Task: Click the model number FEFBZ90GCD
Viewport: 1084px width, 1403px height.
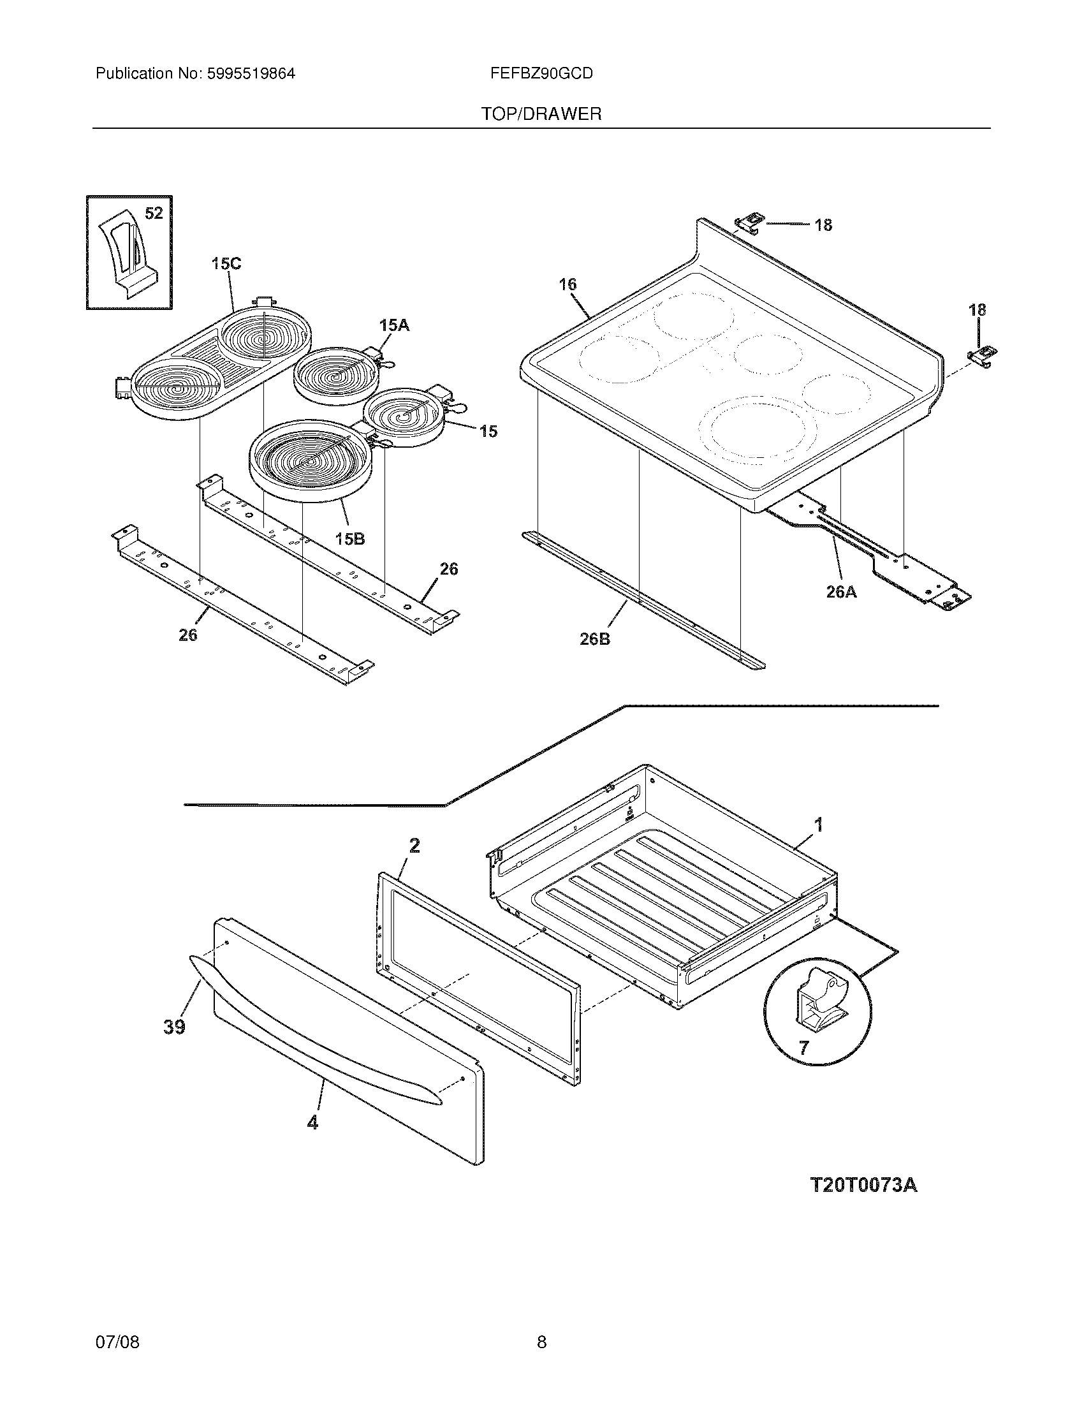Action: click(541, 73)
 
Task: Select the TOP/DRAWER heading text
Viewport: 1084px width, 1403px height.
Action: click(541, 114)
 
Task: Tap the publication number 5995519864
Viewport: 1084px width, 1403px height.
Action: click(251, 73)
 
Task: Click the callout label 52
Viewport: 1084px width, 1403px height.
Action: click(154, 213)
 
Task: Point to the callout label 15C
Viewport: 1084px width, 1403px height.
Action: click(226, 264)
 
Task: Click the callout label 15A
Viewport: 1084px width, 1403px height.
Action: click(393, 326)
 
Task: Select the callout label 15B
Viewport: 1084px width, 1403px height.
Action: click(349, 539)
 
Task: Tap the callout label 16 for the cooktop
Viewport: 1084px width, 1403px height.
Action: click(568, 284)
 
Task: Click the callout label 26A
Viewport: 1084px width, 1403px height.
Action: click(841, 592)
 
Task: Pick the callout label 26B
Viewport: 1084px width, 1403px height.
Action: click(595, 639)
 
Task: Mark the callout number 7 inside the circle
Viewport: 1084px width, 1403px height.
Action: click(803, 1048)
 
